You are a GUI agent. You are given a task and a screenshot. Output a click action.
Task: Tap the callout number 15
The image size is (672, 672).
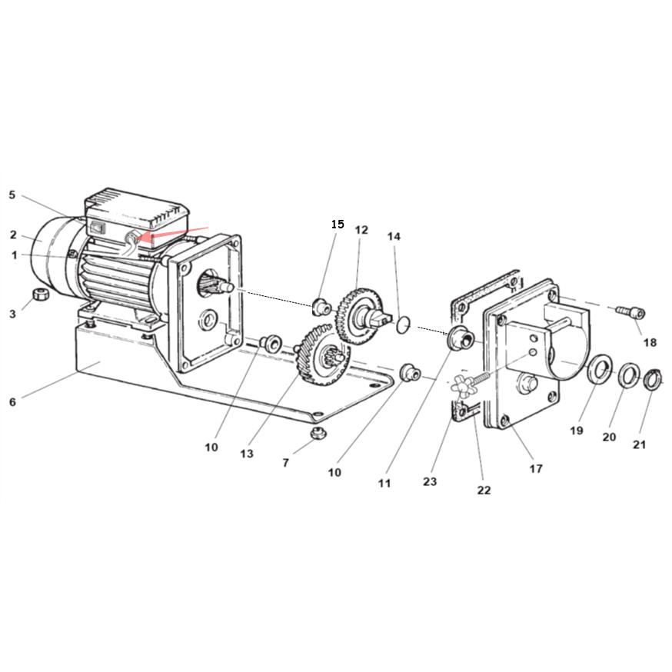coord(338,225)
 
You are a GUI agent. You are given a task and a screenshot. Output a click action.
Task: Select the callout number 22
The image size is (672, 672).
coord(484,490)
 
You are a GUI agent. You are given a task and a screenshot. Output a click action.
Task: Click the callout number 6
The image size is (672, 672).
coord(13,402)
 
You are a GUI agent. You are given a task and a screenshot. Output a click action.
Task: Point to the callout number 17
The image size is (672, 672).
coord(536,469)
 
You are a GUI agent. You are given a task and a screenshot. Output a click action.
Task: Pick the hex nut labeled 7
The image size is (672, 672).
coord(318,433)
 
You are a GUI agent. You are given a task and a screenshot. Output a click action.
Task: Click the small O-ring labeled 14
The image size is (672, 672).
coord(402,324)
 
